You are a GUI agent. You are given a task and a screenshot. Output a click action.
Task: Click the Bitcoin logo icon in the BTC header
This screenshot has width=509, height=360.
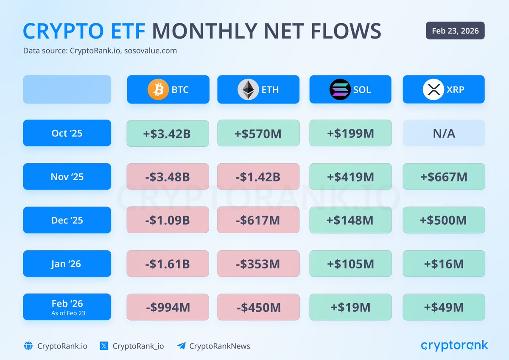coord(158,89)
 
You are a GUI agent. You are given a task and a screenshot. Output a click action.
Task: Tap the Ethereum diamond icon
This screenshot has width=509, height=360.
coord(248,89)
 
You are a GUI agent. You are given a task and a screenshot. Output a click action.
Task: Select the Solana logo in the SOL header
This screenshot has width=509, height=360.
coord(340,89)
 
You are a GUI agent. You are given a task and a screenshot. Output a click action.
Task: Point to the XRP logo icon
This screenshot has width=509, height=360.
coord(433,89)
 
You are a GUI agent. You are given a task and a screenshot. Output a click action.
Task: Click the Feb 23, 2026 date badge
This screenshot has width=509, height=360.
coord(455,31)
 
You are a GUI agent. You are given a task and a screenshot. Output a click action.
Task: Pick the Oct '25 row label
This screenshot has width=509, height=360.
coord(67,133)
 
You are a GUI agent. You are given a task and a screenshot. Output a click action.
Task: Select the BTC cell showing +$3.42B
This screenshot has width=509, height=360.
coord(168,134)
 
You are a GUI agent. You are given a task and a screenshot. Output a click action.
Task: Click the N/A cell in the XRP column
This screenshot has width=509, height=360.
coord(444,134)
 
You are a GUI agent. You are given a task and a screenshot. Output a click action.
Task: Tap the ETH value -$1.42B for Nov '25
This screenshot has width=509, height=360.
coord(258,177)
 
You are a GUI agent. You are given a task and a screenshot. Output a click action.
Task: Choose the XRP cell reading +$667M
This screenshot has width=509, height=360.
coord(444,177)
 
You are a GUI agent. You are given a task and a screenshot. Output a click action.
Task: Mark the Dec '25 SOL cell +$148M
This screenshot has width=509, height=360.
coord(350,220)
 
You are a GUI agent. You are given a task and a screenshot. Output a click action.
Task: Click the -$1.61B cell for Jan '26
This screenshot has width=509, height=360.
coord(168,264)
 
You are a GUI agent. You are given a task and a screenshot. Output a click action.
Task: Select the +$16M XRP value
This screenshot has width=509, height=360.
coord(444,264)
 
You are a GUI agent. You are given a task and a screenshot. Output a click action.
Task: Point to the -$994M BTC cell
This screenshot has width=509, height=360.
coord(168,307)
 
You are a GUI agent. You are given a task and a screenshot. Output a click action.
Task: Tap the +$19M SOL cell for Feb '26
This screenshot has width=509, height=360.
coord(350,307)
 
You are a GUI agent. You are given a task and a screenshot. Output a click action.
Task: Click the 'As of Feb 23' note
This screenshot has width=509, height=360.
coord(67,313)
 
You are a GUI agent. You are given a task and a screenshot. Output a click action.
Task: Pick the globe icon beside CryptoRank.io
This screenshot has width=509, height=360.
coord(28,346)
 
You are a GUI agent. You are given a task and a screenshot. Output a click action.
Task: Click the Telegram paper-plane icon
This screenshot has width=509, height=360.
coord(182,346)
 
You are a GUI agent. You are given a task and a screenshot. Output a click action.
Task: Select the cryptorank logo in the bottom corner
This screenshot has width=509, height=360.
coord(454,346)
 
